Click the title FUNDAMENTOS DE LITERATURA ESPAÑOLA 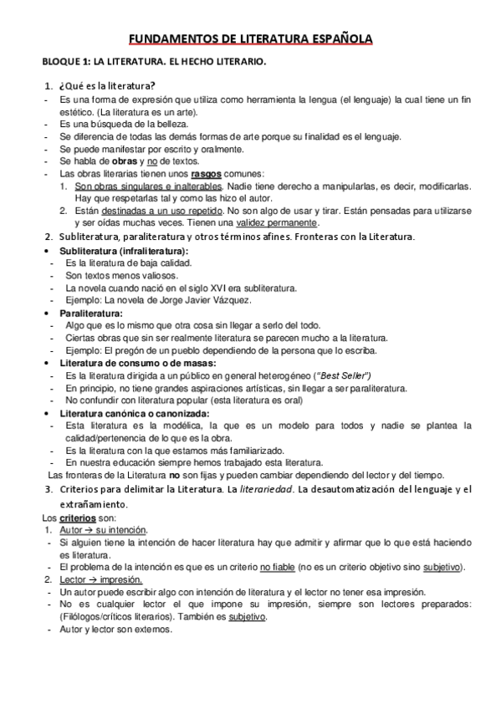[x=250, y=38]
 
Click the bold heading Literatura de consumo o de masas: [x=138, y=364]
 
